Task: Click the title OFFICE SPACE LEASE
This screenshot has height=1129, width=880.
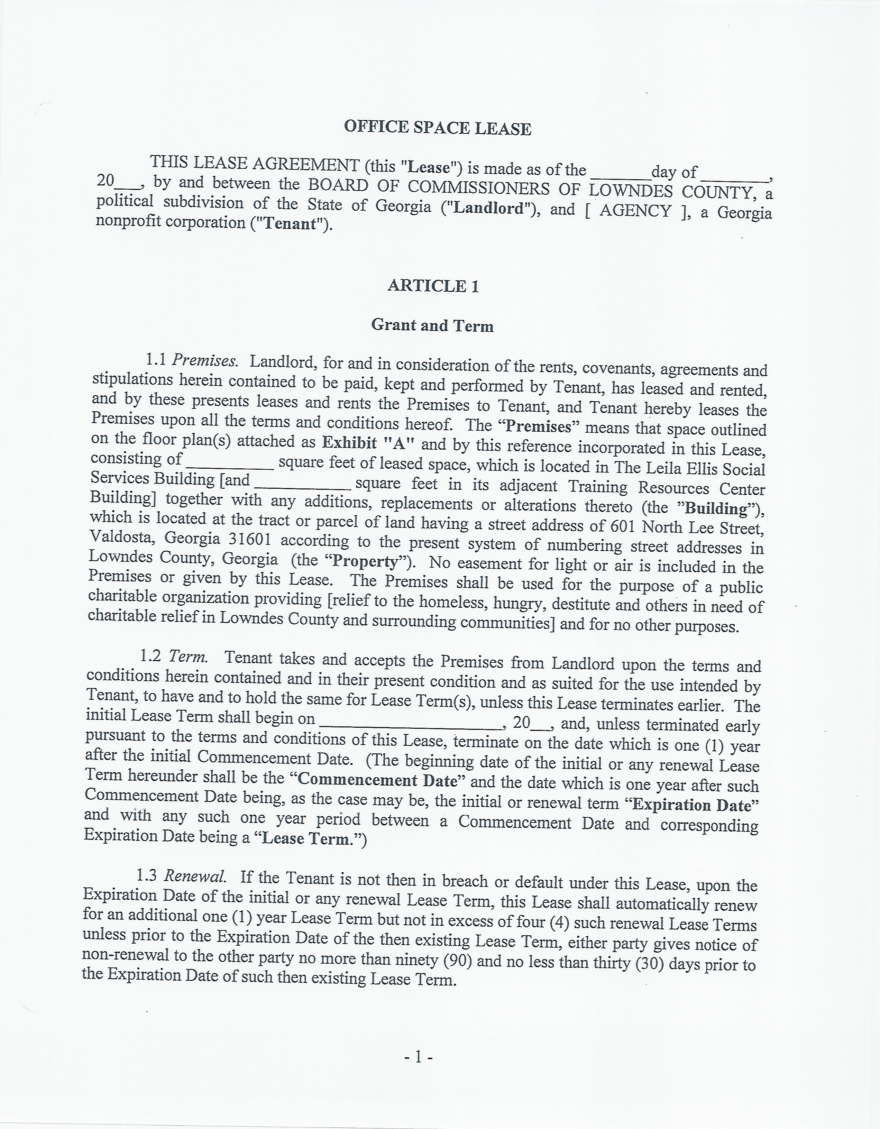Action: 438,128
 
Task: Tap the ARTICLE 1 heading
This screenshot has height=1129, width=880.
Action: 433,286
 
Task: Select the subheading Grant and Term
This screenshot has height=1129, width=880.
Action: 432,325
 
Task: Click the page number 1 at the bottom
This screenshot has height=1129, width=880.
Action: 418,1058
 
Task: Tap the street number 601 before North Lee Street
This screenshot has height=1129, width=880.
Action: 623,526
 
